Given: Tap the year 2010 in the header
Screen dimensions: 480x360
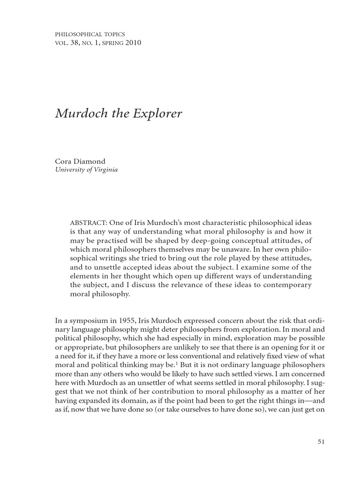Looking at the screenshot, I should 134,43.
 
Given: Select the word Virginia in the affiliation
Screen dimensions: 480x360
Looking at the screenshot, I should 105,170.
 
